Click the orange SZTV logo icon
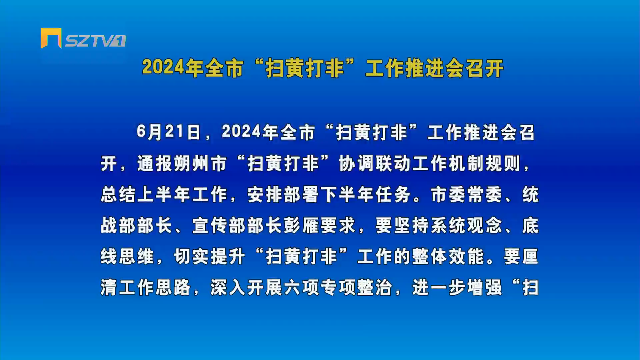[51, 38]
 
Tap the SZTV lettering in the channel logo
[90, 41]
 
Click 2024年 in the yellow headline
[173, 68]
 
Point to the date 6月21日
[169, 132]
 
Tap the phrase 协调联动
[375, 164]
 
